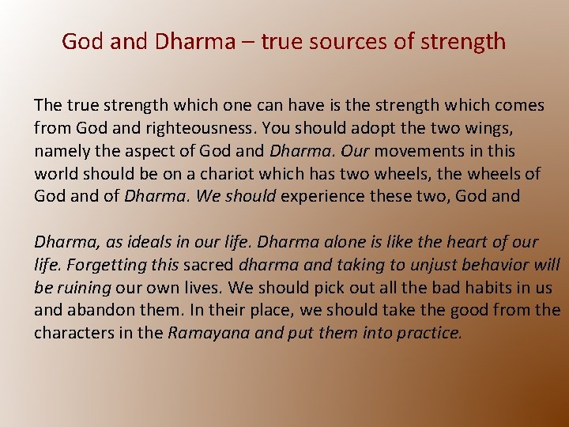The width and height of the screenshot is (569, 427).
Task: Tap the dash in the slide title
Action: [x=247, y=42]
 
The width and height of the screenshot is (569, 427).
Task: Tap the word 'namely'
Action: [x=61, y=150]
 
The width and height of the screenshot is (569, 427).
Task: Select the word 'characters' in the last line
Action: [x=72, y=333]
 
